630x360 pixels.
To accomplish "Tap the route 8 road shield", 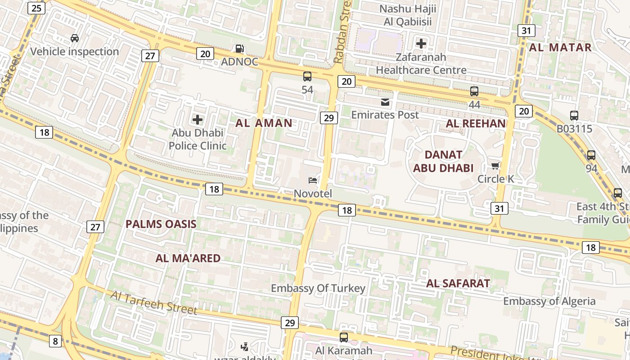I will tap(55, 341).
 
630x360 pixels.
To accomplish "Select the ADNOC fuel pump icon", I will tap(240, 49).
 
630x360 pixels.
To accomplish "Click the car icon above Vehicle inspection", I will tap(75, 38).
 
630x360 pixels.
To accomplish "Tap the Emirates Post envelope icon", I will tap(385, 102).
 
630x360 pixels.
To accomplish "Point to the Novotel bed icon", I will tap(313, 180).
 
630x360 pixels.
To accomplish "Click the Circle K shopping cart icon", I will tap(495, 166).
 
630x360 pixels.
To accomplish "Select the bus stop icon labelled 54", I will tap(307, 76).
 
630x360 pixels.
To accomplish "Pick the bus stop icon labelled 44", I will tap(474, 91).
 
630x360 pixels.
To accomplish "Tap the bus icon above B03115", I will tap(574, 115).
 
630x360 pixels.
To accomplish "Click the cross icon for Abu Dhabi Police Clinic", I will tap(197, 120).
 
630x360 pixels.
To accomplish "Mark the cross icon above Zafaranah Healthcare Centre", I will tap(421, 44).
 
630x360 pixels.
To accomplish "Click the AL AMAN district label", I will tap(264, 123).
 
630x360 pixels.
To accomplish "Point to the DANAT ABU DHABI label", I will tap(443, 162).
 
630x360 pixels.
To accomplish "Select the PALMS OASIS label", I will tap(161, 224).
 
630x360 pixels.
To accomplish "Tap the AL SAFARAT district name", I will tap(458, 283).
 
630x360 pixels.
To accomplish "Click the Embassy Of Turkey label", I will tap(318, 288).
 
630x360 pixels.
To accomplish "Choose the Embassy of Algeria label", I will tap(549, 301).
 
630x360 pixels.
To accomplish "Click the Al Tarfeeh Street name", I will tap(153, 303).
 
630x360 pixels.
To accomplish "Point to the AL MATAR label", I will tap(560, 47).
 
